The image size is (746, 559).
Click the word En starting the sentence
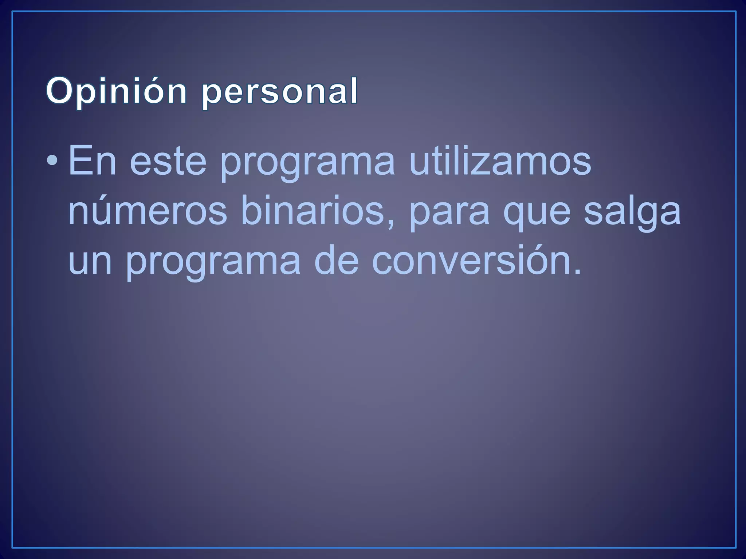(x=92, y=160)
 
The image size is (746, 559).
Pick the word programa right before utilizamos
(x=307, y=164)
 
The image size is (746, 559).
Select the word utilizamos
(x=500, y=160)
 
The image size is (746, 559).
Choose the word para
(x=449, y=215)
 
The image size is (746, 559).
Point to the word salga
(x=632, y=213)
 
